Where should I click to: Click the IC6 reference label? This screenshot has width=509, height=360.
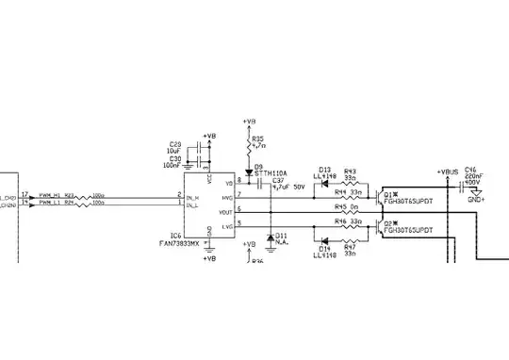[175, 237]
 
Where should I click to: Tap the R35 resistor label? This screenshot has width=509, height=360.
[258, 139]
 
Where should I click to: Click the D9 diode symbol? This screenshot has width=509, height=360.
[251, 171]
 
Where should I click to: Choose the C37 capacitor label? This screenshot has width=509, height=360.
[278, 181]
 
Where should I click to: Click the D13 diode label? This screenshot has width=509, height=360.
[325, 170]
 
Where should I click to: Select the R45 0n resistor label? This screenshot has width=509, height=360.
[346, 206]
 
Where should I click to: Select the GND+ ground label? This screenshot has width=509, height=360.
[476, 200]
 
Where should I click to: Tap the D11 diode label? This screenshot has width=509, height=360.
[281, 235]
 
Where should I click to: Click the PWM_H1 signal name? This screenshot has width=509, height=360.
[48, 195]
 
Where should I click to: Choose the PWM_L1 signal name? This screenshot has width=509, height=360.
[48, 203]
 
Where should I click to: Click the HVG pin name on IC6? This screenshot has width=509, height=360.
[227, 198]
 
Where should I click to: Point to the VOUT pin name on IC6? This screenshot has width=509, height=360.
[226, 212]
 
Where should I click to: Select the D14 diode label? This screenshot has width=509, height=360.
[324, 248]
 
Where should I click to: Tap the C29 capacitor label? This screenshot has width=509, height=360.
[175, 144]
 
